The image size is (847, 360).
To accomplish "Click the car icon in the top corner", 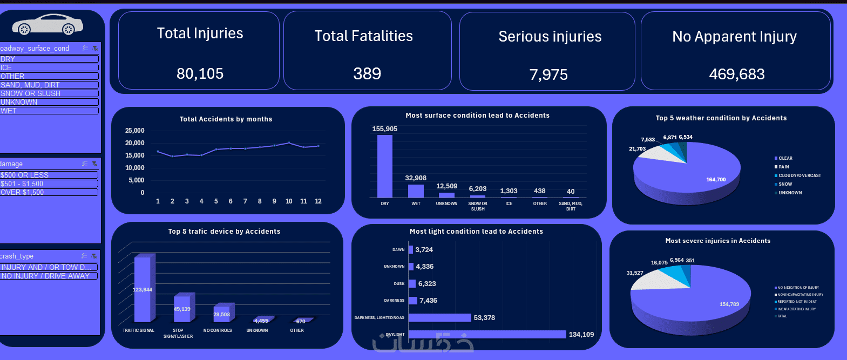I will click(48, 24).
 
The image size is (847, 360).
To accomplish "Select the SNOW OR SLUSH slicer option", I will click(49, 93).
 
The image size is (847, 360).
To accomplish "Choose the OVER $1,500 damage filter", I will click(49, 192).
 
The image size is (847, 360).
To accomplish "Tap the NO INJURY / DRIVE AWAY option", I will click(49, 276).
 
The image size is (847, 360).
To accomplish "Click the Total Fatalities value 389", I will click(367, 73).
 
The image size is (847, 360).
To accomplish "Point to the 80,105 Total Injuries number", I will click(200, 73).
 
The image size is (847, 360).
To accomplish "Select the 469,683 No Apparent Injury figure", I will click(737, 74).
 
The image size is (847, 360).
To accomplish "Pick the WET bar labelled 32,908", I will click(416, 191).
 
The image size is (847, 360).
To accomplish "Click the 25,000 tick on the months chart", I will click(134, 131).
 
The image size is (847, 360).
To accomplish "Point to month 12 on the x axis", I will click(318, 201).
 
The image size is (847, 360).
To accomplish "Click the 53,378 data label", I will click(484, 318).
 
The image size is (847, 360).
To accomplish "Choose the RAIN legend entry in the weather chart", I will click(783, 167).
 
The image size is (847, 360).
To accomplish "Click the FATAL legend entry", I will click(782, 316).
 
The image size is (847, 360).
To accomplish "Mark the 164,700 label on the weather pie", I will click(716, 180).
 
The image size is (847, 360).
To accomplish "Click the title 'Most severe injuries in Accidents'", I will click(718, 241).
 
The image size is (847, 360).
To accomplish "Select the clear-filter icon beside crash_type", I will click(94, 256).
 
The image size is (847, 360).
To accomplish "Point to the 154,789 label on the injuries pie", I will click(729, 304).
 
